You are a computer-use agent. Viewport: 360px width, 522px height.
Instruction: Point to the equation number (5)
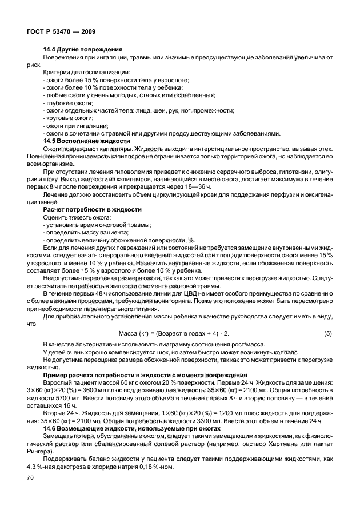pyautogui.click(x=327, y=332)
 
